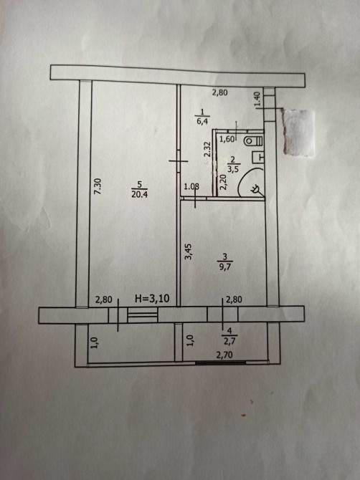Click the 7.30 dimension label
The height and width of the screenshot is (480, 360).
98,187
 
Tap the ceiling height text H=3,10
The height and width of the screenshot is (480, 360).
152,299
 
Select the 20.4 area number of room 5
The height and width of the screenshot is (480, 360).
140,194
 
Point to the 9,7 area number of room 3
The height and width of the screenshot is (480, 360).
225,267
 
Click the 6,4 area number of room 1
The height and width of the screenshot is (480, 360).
202,121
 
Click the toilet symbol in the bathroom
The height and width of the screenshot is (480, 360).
254,141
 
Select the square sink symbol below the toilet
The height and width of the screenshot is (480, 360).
258,158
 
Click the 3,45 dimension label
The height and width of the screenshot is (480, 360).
189,251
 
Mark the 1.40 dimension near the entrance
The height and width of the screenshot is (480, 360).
257,100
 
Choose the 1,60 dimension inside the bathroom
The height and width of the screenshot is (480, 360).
227,139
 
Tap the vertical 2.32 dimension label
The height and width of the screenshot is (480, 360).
207,150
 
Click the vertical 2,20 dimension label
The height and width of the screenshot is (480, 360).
223,182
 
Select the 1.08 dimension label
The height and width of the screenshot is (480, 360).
191,186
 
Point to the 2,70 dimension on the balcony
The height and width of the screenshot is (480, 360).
224,355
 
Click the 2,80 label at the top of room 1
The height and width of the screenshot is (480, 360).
220,92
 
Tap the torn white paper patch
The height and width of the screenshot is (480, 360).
299,133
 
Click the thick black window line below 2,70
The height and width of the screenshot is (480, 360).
221,363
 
